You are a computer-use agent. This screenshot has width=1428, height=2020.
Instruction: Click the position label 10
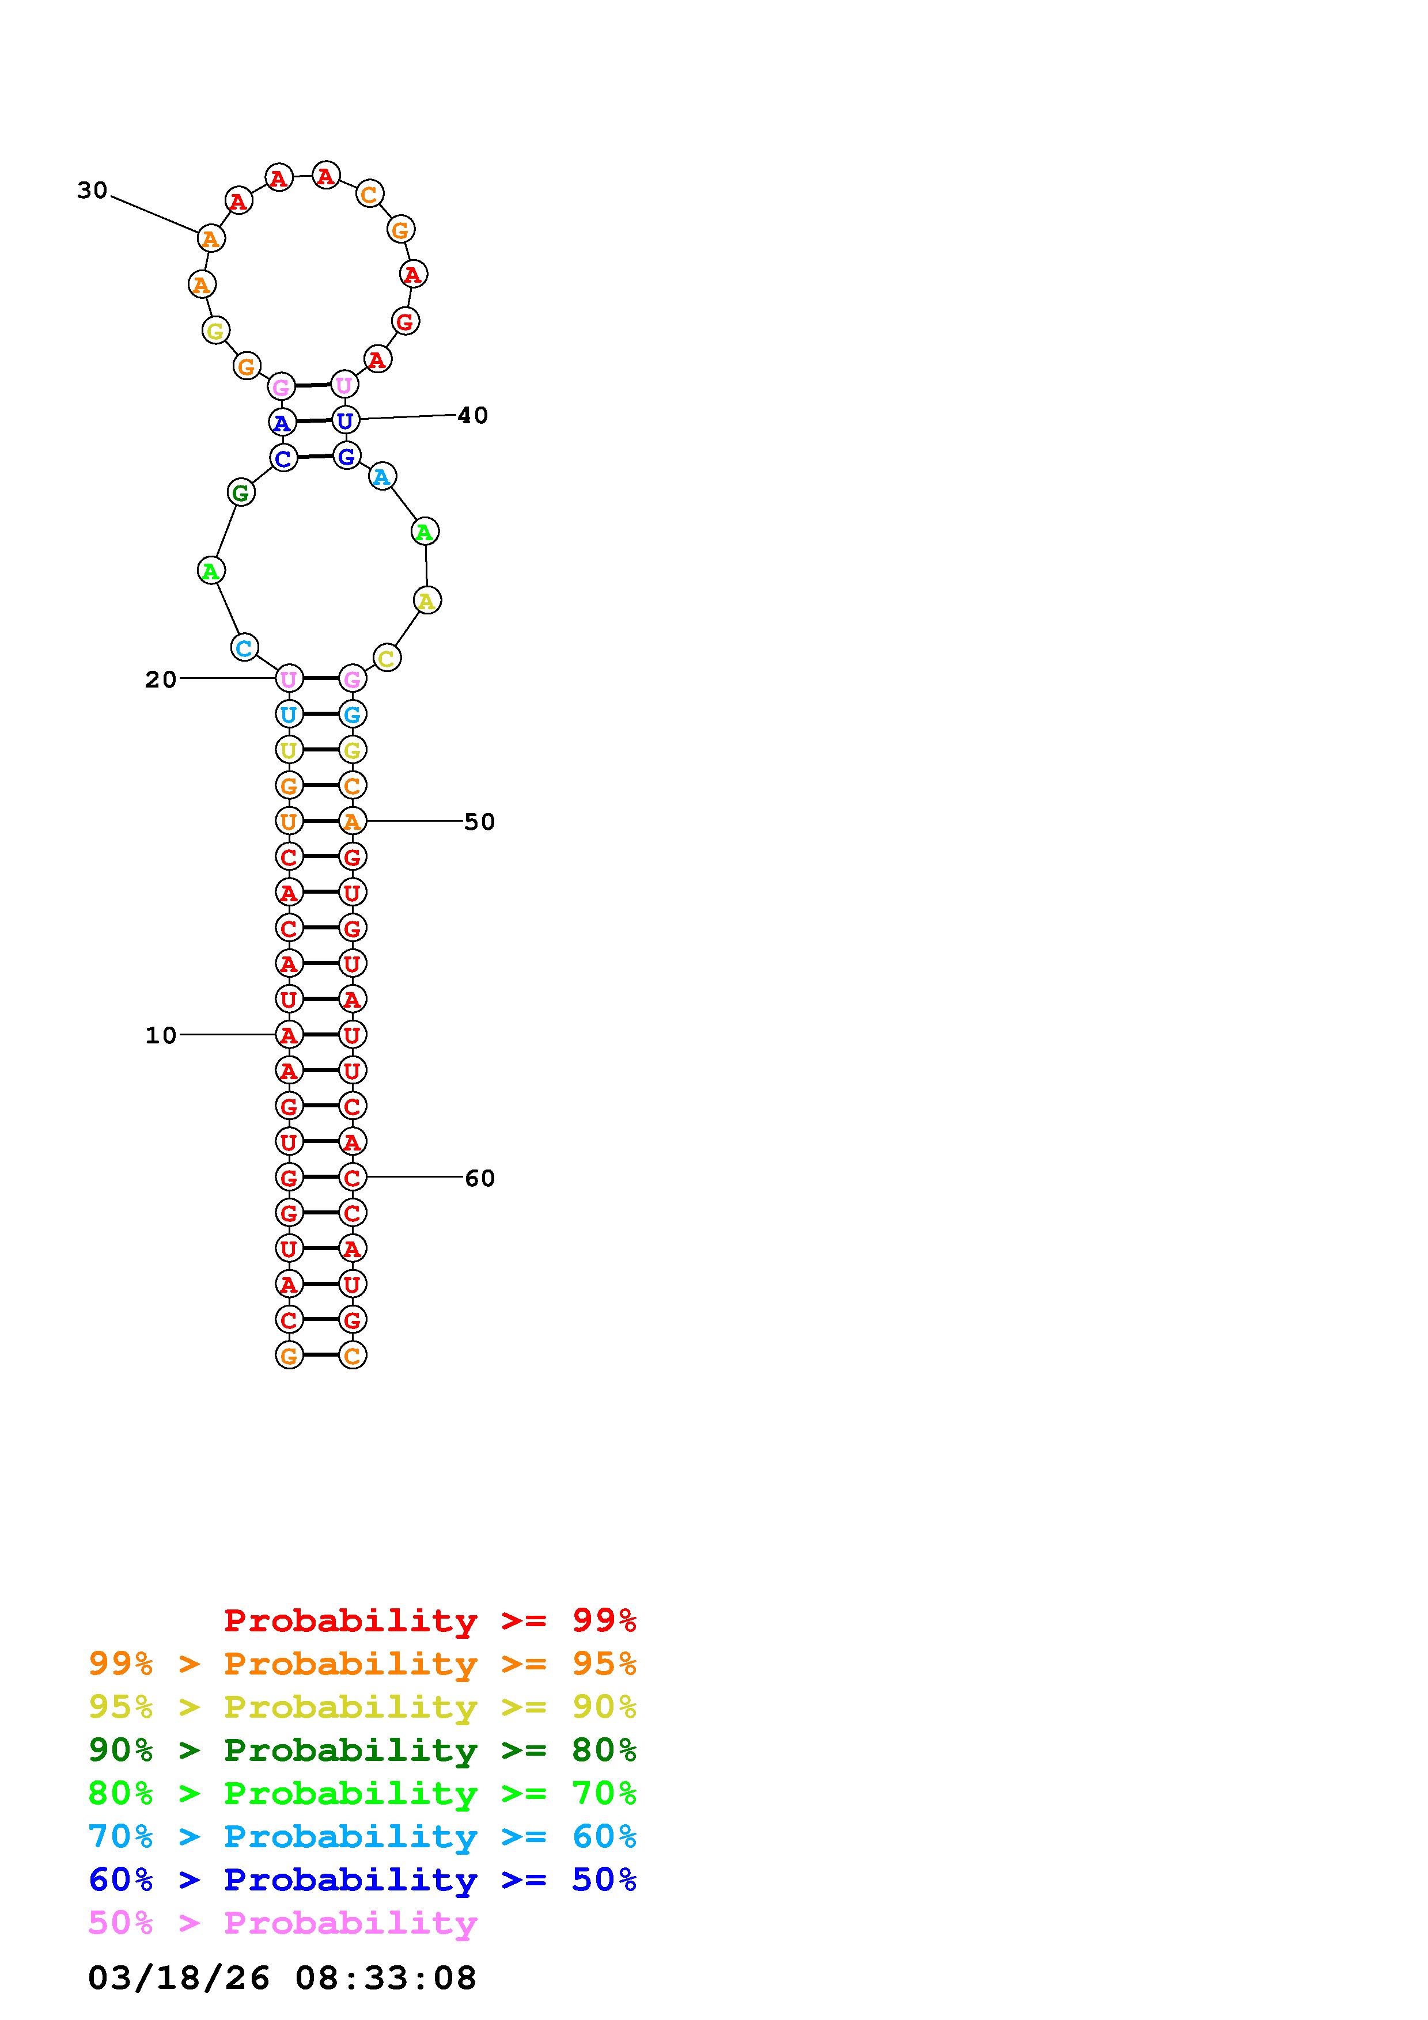click(x=161, y=1035)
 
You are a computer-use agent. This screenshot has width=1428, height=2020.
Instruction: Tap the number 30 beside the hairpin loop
click(x=92, y=190)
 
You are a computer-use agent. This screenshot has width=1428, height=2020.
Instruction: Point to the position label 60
click(x=479, y=1178)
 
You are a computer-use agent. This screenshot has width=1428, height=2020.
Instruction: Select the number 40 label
click(x=472, y=415)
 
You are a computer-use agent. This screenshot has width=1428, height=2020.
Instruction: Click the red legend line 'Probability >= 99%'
click(x=430, y=1620)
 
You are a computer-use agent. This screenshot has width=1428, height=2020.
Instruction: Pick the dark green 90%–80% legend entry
click(x=362, y=1750)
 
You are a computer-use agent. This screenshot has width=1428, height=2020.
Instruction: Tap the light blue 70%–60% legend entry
click(x=362, y=1836)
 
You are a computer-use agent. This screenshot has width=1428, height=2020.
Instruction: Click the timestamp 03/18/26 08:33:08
click(x=282, y=1979)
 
